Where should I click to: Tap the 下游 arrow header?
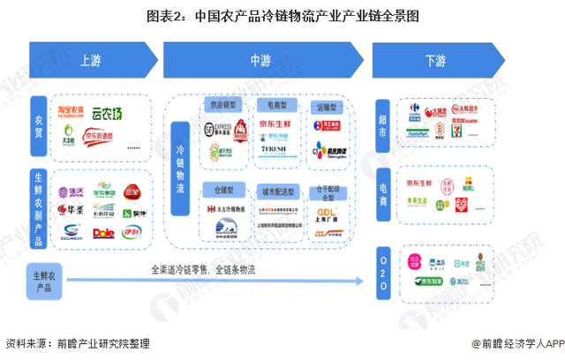click(435, 61)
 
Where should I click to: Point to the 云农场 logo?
click(109, 113)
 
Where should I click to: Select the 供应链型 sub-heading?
click(224, 103)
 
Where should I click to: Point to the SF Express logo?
click(224, 129)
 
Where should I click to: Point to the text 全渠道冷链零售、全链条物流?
click(203, 269)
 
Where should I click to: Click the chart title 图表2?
click(282, 15)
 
